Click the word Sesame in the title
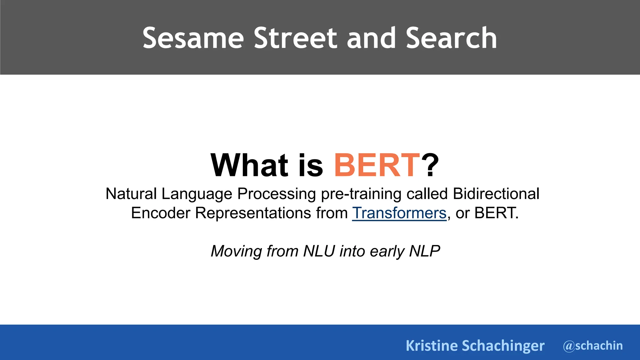point(193,38)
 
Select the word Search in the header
point(451,38)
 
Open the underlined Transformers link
point(399,213)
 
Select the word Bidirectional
point(496,194)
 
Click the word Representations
point(253,213)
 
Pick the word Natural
point(131,194)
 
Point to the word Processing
point(277,194)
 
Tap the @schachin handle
point(592,346)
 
